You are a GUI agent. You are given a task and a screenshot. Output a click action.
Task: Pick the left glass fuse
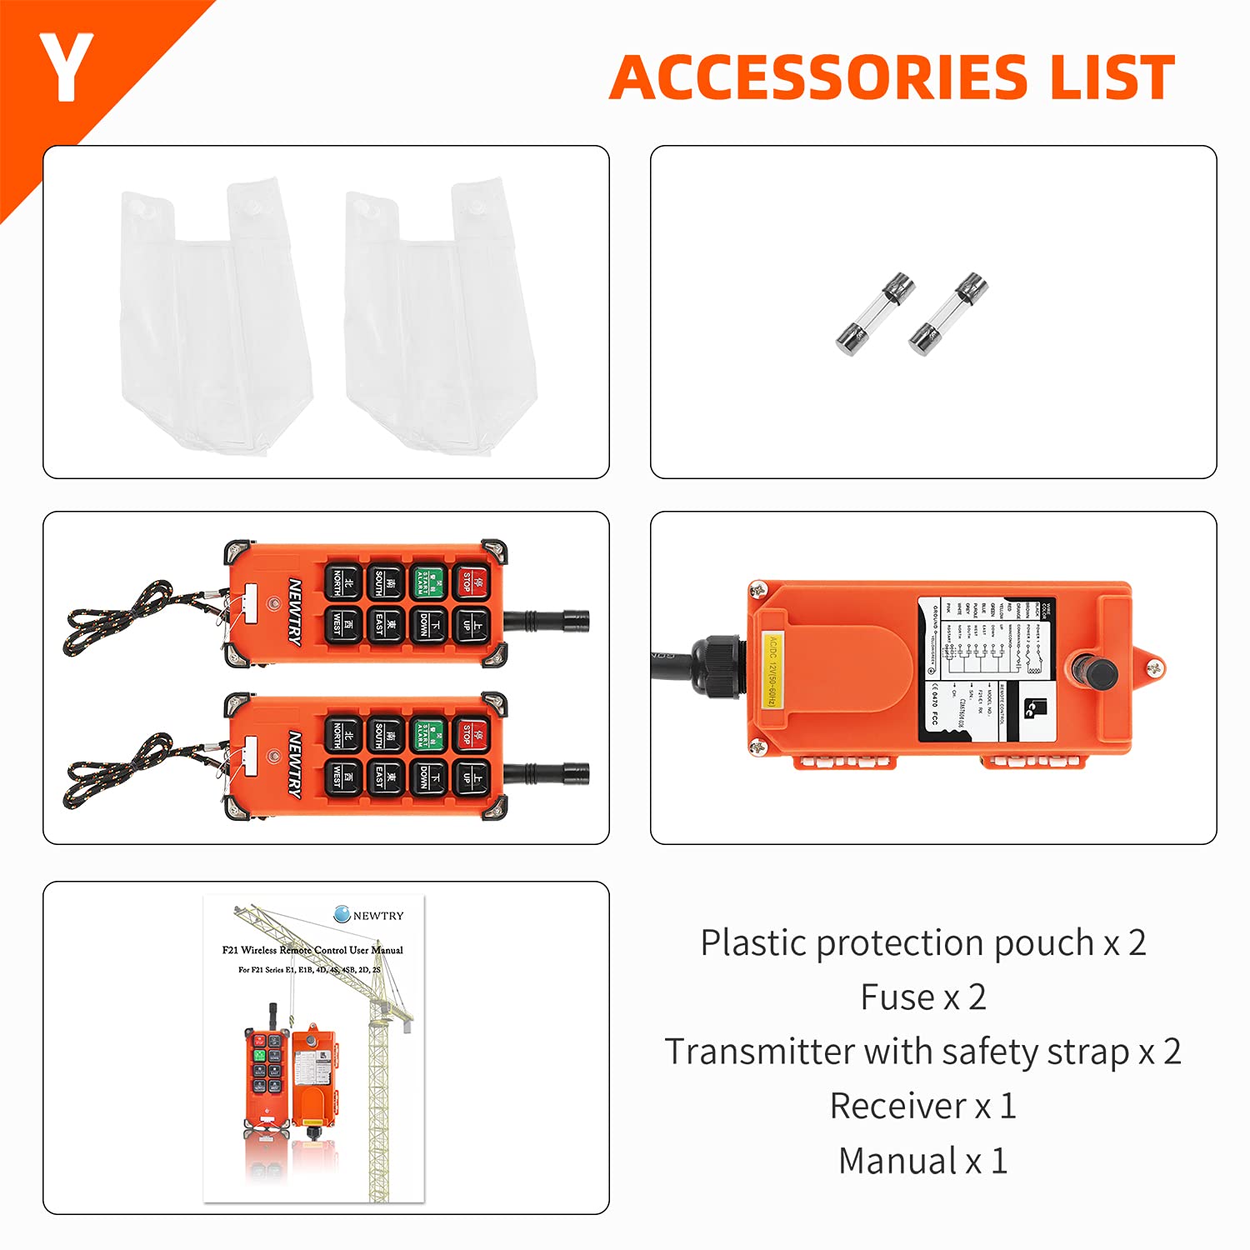click(875, 312)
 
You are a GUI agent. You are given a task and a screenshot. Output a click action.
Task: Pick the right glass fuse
click(948, 312)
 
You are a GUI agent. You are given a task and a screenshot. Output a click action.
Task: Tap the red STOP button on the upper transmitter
click(472, 582)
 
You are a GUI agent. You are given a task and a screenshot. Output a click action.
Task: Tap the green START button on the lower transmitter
click(428, 735)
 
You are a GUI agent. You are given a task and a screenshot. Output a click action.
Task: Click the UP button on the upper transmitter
click(472, 624)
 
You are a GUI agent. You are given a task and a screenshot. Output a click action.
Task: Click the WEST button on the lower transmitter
click(342, 777)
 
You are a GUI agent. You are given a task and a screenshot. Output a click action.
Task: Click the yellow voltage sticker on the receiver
click(772, 672)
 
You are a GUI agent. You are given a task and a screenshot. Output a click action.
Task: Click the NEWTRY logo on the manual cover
click(368, 915)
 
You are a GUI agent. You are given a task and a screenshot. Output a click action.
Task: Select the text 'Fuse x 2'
click(923, 997)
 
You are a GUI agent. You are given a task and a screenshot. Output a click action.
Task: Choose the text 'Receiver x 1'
click(923, 1107)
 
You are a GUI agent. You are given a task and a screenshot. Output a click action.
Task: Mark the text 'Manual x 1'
click(923, 1161)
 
